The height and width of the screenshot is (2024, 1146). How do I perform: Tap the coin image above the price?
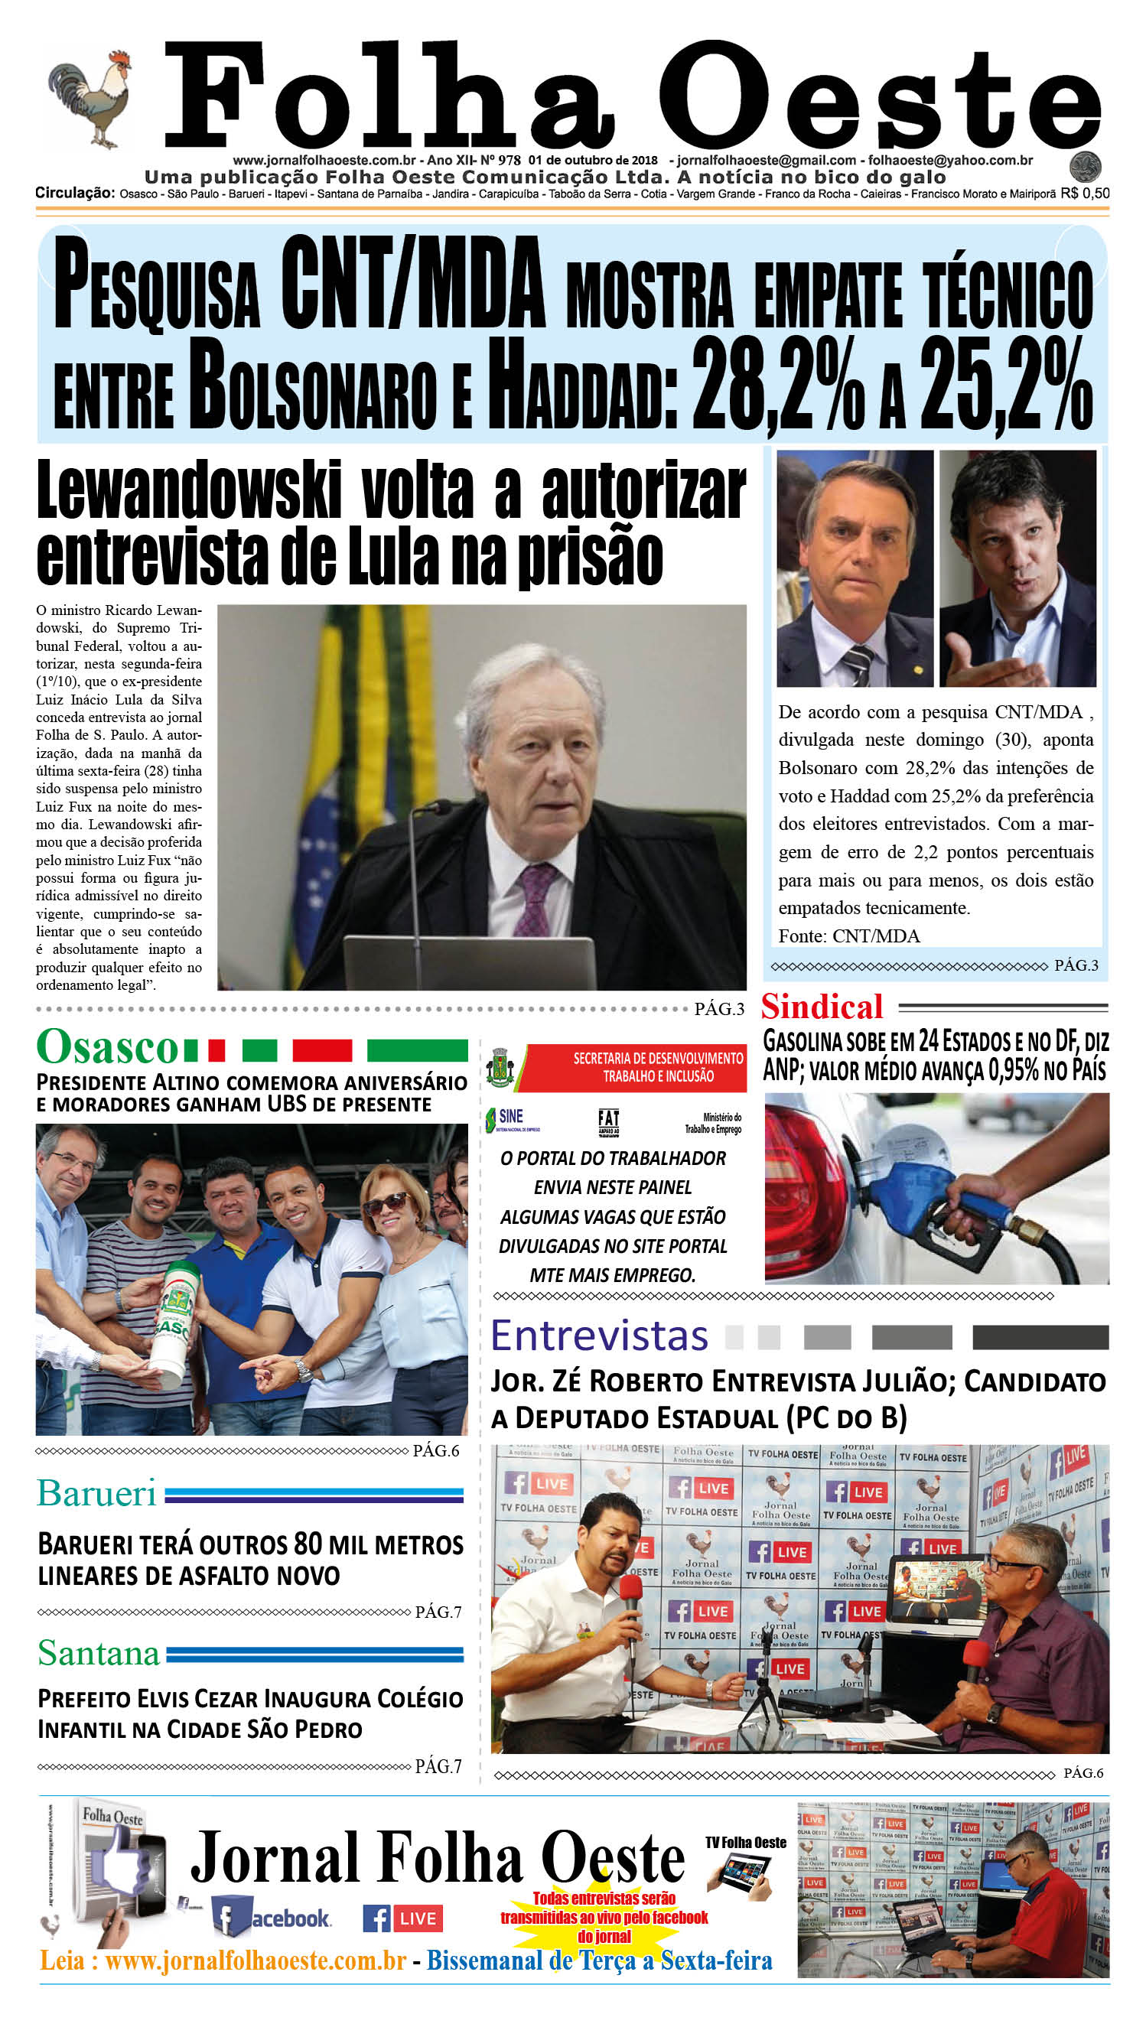pos(1085,167)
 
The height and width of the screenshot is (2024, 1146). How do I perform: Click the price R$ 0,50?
pos(1085,194)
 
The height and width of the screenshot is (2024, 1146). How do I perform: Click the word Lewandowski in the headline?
pos(189,491)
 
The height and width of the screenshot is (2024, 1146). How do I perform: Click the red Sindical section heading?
pos(822,1007)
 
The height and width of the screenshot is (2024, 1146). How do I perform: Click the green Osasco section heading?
pos(108,1047)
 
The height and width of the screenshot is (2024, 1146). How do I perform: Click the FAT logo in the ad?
pos(608,1122)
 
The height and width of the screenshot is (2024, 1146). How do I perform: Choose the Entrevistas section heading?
pos(599,1336)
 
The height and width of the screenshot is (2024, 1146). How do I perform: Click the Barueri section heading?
pos(97,1494)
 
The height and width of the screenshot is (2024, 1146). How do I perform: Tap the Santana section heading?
pos(99,1653)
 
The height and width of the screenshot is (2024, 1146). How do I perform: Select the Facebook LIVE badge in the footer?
pos(403,1918)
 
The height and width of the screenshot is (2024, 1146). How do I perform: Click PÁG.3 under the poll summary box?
pos(1075,965)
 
